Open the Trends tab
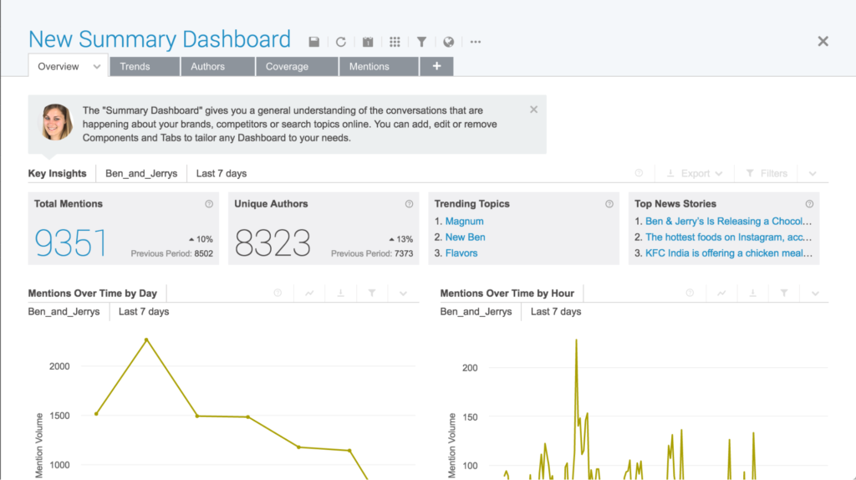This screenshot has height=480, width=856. click(145, 67)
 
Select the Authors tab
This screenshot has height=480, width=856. click(217, 67)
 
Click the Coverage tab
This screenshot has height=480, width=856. click(297, 67)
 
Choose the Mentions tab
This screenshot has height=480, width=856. click(379, 67)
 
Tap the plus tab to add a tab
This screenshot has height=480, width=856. click(436, 66)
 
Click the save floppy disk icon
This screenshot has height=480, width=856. click(314, 42)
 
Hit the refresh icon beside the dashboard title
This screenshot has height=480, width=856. click(341, 42)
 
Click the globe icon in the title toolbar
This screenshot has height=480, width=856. click(448, 42)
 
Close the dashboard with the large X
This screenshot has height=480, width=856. click(823, 41)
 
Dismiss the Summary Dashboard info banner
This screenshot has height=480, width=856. click(533, 110)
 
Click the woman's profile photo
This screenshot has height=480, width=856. click(57, 122)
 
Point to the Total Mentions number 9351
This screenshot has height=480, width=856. click(71, 243)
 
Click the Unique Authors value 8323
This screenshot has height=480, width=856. click(273, 243)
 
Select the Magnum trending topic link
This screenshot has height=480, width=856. click(465, 221)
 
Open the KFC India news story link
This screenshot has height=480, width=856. click(729, 253)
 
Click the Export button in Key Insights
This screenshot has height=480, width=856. click(695, 173)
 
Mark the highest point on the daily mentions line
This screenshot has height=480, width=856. click(146, 340)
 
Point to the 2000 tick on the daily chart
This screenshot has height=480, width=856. click(59, 366)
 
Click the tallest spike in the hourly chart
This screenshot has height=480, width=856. click(576, 340)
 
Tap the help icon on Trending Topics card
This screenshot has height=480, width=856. click(609, 204)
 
